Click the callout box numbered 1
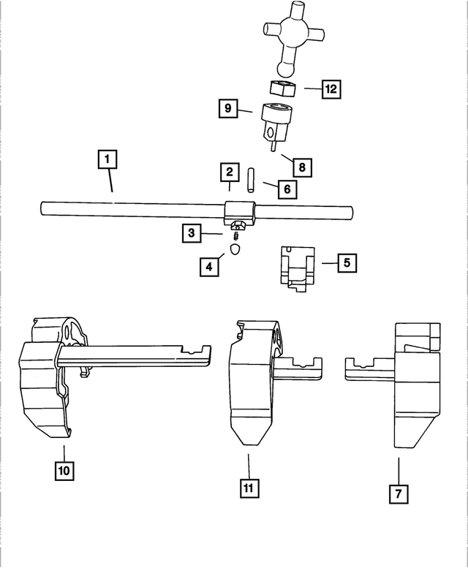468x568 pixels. [107, 159]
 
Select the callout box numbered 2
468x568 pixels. [230, 173]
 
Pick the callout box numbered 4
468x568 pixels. [209, 267]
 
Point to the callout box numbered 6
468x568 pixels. [287, 189]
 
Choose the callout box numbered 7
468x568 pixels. [398, 494]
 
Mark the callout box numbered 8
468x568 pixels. [301, 167]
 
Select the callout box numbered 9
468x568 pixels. [228, 109]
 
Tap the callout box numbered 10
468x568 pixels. [64, 470]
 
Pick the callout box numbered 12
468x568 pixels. [331, 89]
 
